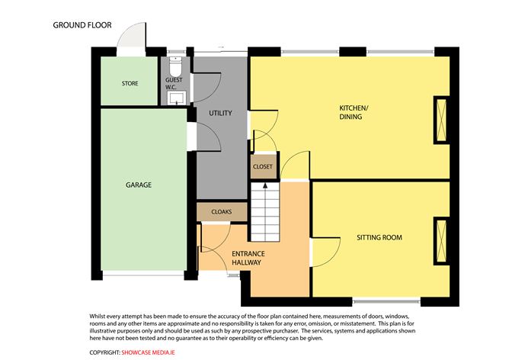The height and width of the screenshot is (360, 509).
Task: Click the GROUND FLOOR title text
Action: [x=82, y=25]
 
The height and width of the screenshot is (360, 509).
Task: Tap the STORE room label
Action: [x=130, y=82]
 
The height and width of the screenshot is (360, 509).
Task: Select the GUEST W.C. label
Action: [x=174, y=83]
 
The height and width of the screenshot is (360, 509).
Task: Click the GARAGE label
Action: [x=139, y=185]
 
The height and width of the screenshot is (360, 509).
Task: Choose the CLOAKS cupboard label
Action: [x=221, y=211]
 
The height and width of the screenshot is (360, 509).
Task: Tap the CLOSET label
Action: [x=262, y=166]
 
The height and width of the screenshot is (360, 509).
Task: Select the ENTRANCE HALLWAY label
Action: [x=247, y=257]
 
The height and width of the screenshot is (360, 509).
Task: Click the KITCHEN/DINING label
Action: [x=354, y=113]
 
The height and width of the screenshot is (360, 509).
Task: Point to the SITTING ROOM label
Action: [x=379, y=238]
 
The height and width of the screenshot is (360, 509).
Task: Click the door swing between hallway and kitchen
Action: [x=293, y=167]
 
